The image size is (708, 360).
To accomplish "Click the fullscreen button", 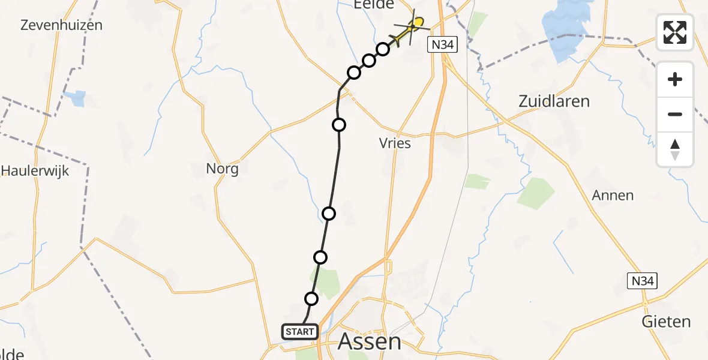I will (675, 32).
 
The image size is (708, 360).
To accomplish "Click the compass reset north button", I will (675, 149).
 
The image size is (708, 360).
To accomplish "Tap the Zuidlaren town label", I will (554, 101).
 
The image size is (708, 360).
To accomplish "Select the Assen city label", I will (370, 341).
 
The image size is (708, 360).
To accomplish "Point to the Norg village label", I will (222, 169).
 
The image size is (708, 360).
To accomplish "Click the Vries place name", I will (395, 143).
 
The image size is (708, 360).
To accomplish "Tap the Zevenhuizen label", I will (61, 25).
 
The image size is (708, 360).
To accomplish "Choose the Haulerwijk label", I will (35, 170).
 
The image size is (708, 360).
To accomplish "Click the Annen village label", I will (613, 195).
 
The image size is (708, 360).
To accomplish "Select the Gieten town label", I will (666, 322).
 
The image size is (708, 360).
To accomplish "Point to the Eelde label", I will (373, 5).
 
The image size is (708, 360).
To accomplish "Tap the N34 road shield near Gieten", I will (643, 280).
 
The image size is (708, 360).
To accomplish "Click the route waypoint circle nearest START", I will (311, 299).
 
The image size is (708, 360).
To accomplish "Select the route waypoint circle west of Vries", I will (339, 125).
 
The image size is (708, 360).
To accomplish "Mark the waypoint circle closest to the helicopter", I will (383, 49).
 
